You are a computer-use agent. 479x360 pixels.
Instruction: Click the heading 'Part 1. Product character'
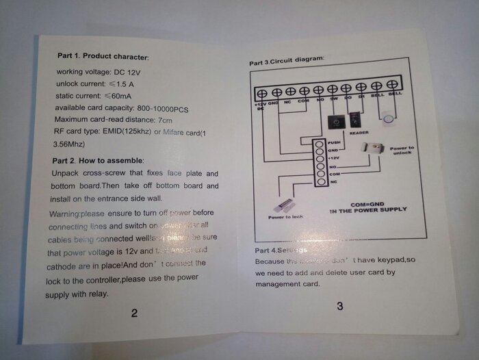(103, 55)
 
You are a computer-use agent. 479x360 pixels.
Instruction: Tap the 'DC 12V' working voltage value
(125, 72)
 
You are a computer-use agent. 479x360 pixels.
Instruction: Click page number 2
(134, 313)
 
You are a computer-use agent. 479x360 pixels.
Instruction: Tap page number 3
(340, 306)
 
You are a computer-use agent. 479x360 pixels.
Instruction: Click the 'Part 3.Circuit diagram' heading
(286, 62)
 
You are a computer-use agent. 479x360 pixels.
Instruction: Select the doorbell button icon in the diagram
(388, 120)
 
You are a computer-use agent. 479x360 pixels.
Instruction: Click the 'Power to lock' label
(287, 217)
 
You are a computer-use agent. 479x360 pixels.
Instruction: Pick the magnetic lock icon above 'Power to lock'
(286, 205)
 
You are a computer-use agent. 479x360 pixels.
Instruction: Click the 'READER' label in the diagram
(359, 133)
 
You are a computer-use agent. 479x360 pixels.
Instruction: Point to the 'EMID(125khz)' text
(120, 132)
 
